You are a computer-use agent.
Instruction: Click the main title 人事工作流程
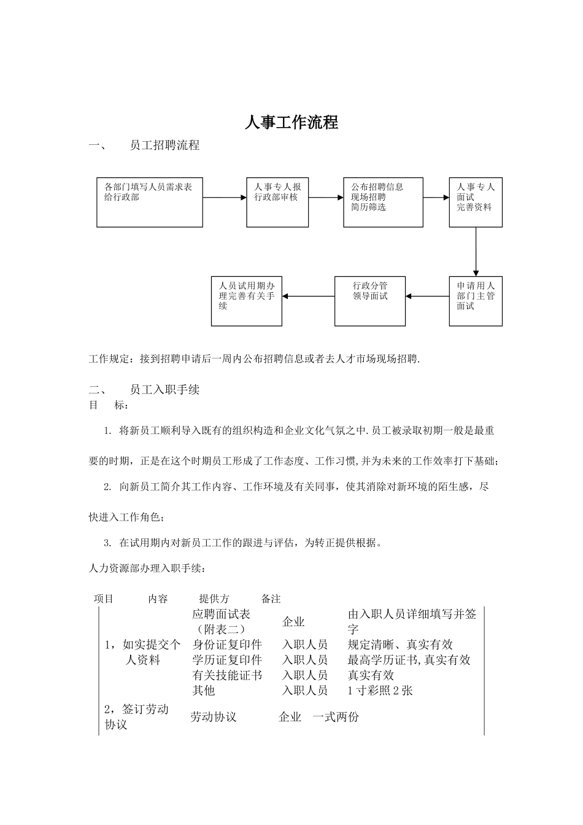click(291, 122)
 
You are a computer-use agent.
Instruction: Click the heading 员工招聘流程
click(164, 145)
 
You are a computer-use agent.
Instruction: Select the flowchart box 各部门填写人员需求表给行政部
click(150, 202)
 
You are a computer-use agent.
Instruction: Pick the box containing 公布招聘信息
click(383, 202)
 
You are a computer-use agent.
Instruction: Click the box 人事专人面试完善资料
click(476, 202)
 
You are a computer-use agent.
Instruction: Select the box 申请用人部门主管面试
click(476, 301)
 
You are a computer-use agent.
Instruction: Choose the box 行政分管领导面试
click(370, 301)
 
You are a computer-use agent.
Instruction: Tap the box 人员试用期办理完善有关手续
click(247, 301)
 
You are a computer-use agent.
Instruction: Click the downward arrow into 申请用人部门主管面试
click(476, 252)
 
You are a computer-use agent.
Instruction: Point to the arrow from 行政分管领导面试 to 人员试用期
click(308, 296)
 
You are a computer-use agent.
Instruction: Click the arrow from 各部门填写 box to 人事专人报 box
click(225, 198)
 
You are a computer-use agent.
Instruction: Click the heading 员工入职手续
click(164, 390)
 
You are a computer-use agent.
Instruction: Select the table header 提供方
click(214, 598)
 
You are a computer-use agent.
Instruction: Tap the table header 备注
click(271, 598)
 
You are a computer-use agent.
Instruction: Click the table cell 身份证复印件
click(227, 645)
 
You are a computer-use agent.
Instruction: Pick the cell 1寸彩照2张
click(380, 691)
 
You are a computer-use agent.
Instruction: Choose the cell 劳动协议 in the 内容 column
click(214, 717)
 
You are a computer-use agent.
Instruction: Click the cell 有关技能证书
click(227, 675)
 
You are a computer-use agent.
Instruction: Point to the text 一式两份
click(336, 717)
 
